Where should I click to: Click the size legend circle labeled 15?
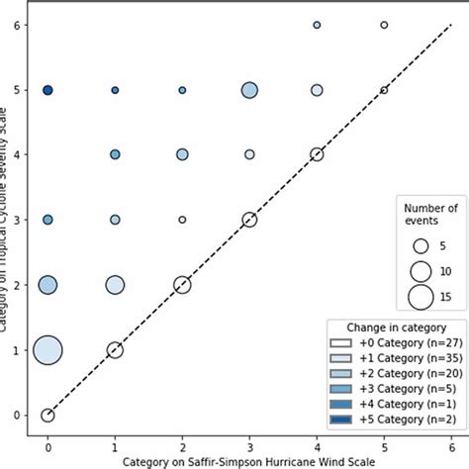point(421,296)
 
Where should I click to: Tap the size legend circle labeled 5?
point(421,245)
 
